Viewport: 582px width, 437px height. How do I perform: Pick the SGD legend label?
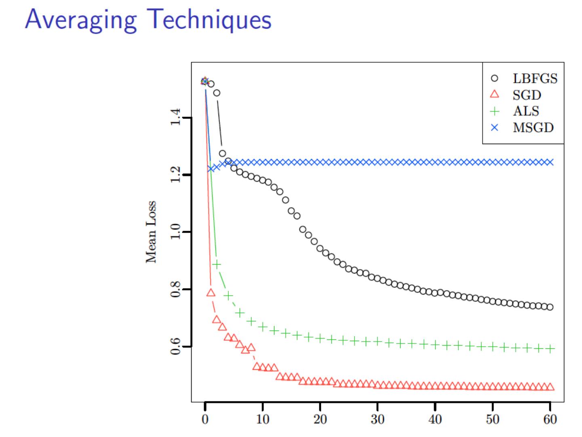pos(527,95)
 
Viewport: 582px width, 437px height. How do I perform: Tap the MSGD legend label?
pos(533,127)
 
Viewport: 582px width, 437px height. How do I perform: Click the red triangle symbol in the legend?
pos(494,95)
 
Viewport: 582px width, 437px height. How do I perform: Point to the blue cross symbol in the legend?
pos(494,127)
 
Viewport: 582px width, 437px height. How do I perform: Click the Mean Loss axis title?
pos(151,232)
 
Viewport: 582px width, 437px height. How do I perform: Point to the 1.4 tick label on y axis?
pos(175,118)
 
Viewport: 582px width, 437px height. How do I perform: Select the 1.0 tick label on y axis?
pos(175,232)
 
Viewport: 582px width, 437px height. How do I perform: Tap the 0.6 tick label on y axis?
pos(175,347)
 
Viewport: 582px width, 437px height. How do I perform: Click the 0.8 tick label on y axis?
pos(175,289)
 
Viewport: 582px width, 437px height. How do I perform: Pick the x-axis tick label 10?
pos(263,419)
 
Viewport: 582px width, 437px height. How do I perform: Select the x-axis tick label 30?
pos(377,419)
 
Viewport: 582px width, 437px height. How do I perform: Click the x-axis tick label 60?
pos(550,419)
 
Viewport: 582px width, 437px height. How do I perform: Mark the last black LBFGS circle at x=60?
pos(550,307)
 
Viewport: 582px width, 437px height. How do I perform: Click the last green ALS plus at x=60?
pos(550,348)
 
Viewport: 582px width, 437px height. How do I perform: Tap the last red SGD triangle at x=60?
pos(550,387)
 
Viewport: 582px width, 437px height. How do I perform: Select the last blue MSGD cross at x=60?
pos(550,162)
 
